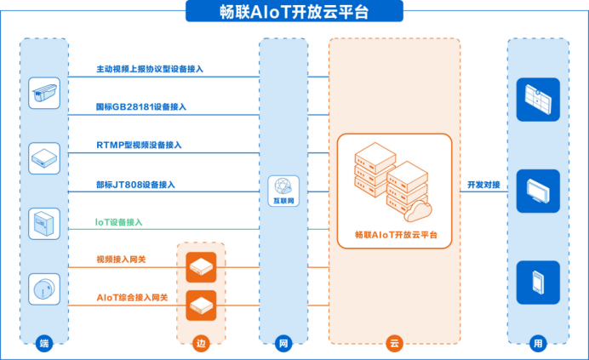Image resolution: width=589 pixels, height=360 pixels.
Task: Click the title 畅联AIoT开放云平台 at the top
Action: (x=294, y=11)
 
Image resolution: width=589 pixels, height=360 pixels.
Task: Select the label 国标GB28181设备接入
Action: (x=141, y=107)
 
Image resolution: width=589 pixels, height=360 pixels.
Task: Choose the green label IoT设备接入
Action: (x=118, y=222)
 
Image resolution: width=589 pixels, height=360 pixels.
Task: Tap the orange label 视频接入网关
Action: (x=124, y=259)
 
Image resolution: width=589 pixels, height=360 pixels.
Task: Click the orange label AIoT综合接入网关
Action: (x=133, y=298)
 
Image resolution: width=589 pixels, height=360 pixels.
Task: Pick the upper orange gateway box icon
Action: (x=201, y=267)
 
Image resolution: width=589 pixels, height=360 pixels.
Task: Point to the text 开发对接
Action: (x=483, y=185)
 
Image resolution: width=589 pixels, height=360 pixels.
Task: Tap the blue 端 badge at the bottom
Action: (x=44, y=344)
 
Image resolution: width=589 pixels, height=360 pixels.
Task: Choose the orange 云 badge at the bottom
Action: (x=393, y=344)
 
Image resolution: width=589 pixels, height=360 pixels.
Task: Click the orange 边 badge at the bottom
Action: (x=201, y=344)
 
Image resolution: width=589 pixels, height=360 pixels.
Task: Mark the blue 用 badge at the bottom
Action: (x=535, y=344)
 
